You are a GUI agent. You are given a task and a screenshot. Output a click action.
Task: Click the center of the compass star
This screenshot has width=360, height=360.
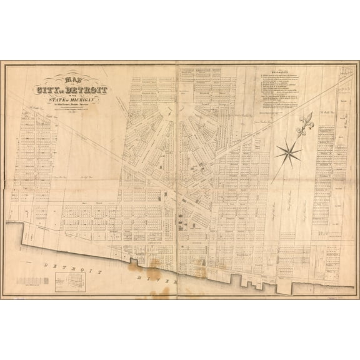point(288,151)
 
